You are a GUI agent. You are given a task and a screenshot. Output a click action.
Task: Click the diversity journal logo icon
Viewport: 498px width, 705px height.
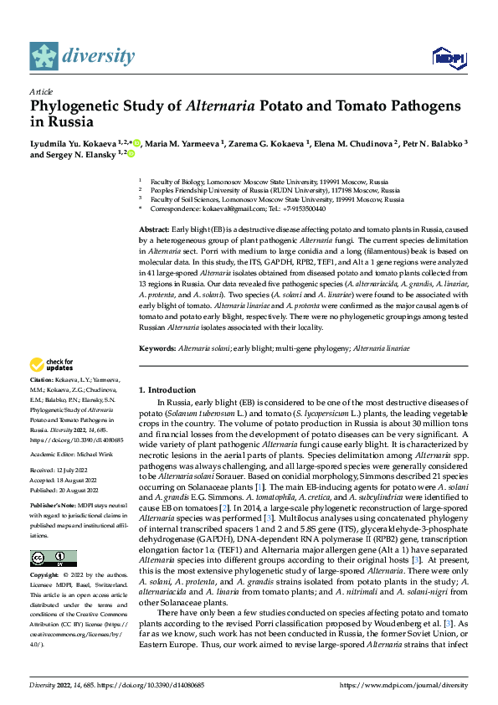click(44, 55)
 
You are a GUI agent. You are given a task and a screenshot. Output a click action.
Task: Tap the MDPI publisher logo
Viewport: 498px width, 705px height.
click(449, 56)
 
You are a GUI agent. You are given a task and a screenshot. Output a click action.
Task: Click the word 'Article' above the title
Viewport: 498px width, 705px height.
click(41, 91)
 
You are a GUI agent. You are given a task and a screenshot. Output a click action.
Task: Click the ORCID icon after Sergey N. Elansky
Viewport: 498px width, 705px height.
click(130, 154)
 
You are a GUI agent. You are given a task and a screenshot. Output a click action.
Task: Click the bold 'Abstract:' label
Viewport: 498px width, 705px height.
click(155, 229)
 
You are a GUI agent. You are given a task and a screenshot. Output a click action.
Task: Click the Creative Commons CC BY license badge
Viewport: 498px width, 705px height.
click(53, 558)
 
